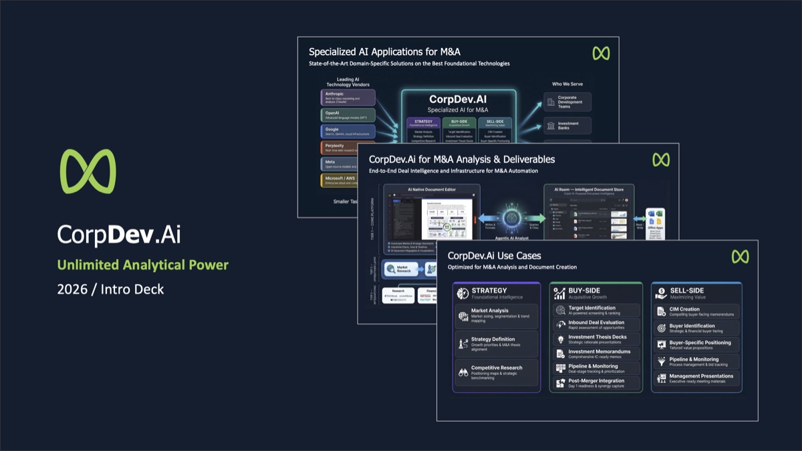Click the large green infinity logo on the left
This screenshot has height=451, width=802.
pyautogui.click(x=88, y=172)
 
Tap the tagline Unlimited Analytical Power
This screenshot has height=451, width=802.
pyautogui.click(x=142, y=265)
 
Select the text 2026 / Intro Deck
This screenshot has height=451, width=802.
pyautogui.click(x=110, y=289)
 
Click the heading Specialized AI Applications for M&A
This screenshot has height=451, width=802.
pyautogui.click(x=384, y=51)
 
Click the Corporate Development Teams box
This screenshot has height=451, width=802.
pyautogui.click(x=567, y=102)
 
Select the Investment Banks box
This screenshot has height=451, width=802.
pyautogui.click(x=567, y=126)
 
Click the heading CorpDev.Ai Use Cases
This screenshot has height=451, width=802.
pyautogui.click(x=495, y=255)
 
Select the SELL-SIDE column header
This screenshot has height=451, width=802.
pyautogui.click(x=696, y=293)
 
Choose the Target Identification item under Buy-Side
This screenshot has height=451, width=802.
pyautogui.click(x=596, y=311)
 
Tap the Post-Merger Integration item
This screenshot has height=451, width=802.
pyautogui.click(x=596, y=384)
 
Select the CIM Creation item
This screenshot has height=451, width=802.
pyautogui.click(x=696, y=311)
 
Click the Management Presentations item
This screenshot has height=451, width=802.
pyautogui.click(x=696, y=378)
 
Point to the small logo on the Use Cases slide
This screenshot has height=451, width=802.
pyautogui.click(x=740, y=257)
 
